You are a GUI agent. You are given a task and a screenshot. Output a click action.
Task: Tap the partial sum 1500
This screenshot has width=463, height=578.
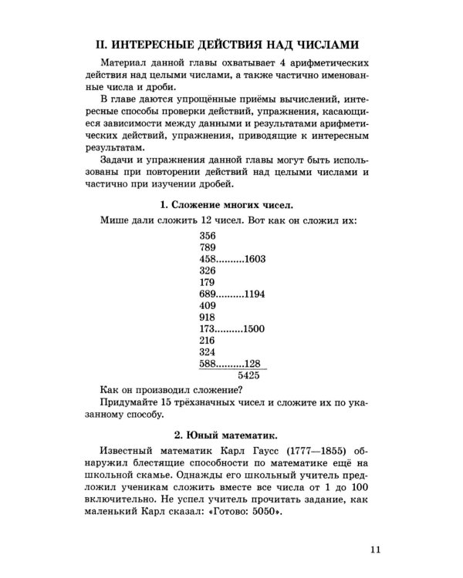pos(254,329)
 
